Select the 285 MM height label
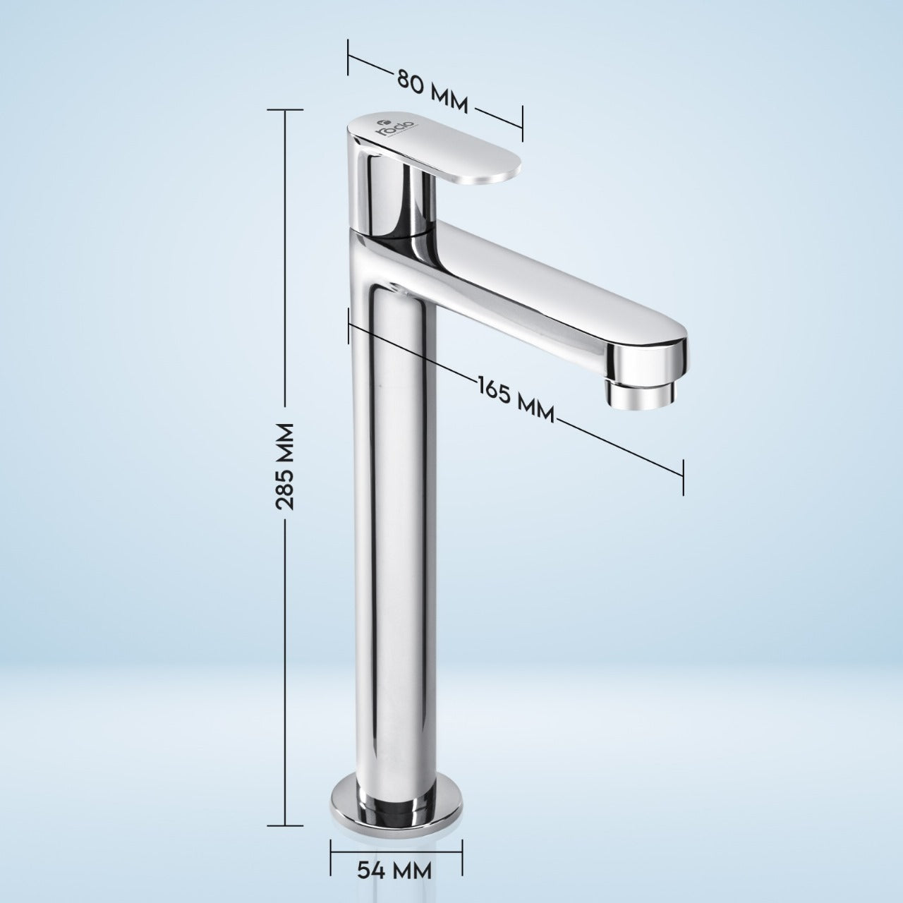click(285, 466)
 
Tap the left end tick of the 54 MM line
click(331, 854)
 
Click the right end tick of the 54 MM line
click(462, 854)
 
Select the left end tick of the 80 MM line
click(349, 57)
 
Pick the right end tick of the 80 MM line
click(522, 124)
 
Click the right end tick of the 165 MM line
click(682, 476)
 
